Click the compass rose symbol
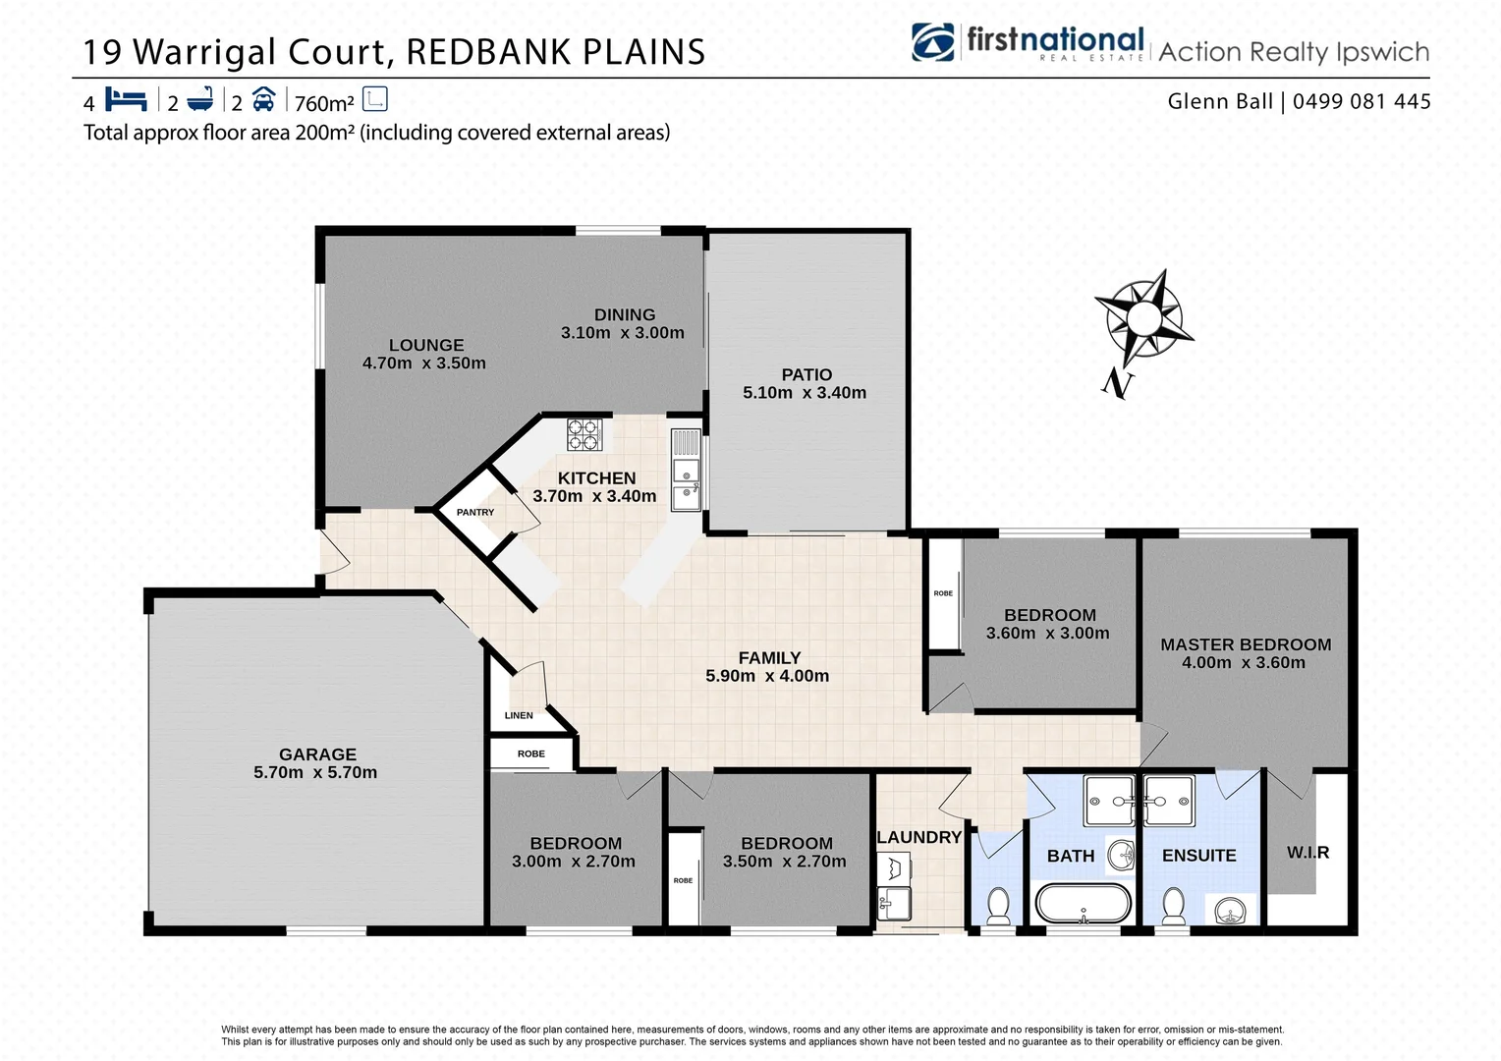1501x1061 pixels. point(1142,318)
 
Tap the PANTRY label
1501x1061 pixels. point(475,512)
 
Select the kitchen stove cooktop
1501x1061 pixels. point(584,434)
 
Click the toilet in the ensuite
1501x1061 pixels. point(1173,906)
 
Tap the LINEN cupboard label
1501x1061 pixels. point(519,715)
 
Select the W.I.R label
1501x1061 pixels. point(1307,853)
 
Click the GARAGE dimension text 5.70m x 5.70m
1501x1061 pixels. point(315,773)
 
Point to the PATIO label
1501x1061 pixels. point(806,374)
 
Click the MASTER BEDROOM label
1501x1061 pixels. point(1246,644)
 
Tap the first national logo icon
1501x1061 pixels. point(932,42)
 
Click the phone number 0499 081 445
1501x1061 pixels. point(1362,101)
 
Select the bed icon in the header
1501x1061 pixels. point(126,100)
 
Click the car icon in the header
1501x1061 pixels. point(263,100)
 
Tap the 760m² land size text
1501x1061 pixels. point(324,103)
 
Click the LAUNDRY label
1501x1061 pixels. point(918,837)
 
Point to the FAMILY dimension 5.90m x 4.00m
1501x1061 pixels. point(767,676)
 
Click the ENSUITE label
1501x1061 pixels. point(1198,856)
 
